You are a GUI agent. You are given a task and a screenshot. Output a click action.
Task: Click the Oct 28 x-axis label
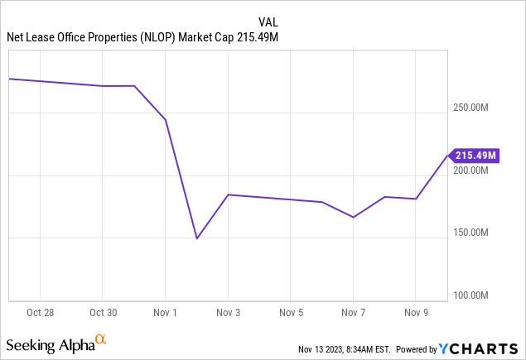click(x=40, y=313)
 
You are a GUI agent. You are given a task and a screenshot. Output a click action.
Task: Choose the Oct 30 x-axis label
click(x=102, y=313)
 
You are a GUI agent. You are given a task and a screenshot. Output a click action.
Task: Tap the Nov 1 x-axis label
click(x=165, y=313)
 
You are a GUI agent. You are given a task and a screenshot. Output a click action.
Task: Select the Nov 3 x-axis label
click(x=228, y=313)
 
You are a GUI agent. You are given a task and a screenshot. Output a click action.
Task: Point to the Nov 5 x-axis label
click(x=291, y=313)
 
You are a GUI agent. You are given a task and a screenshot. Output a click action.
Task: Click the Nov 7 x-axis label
click(x=353, y=313)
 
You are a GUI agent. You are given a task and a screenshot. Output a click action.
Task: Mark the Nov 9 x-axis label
click(x=416, y=313)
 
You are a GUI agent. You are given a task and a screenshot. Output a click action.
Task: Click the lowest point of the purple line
click(x=196, y=238)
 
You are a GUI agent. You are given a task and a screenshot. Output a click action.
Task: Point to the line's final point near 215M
click(x=447, y=155)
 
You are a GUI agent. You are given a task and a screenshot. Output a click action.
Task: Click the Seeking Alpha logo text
click(x=49, y=343)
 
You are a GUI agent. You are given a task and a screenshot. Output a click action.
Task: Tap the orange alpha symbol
click(x=101, y=339)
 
